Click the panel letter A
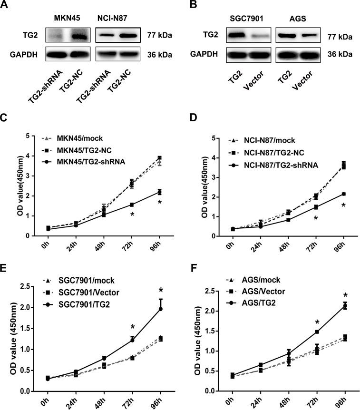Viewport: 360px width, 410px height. coord(5,6)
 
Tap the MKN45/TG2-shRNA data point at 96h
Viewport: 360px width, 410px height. coord(160,192)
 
